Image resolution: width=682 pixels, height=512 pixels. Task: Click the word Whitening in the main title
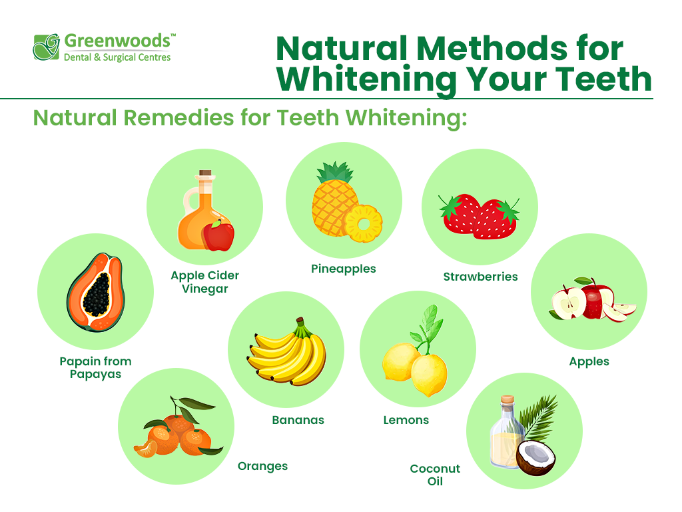(x=366, y=79)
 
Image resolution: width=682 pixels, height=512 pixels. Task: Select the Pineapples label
(x=344, y=269)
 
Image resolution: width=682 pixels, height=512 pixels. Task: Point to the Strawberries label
(x=480, y=276)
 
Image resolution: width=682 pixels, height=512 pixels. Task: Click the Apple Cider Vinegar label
(x=204, y=282)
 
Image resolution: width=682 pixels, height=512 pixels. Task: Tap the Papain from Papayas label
(x=95, y=367)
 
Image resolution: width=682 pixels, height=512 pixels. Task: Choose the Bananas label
(x=298, y=420)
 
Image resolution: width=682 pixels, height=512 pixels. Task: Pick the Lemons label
(x=406, y=420)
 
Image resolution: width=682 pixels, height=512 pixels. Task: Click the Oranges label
(x=262, y=466)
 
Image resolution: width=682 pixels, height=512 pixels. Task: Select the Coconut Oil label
(x=435, y=475)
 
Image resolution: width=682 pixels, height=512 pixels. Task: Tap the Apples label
(x=589, y=361)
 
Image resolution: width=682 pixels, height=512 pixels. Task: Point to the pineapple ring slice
(x=363, y=224)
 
